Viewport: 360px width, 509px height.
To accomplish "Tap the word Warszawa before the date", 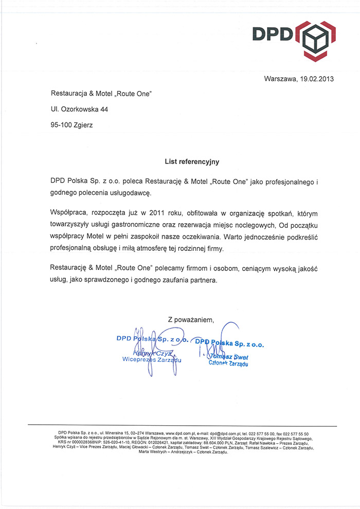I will click(x=280, y=79).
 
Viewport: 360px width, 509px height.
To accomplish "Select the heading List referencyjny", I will click(x=192, y=161).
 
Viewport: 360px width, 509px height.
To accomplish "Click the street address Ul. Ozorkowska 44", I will click(x=79, y=109).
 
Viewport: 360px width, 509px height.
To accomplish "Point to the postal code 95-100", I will click(x=61, y=124).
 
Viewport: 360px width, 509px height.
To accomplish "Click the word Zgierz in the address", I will click(x=83, y=124).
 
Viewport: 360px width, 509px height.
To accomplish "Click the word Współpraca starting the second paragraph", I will click(x=70, y=212).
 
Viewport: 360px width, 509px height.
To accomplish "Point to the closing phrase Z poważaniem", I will click(x=191, y=319).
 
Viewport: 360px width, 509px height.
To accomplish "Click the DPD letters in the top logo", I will click(x=272, y=34).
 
